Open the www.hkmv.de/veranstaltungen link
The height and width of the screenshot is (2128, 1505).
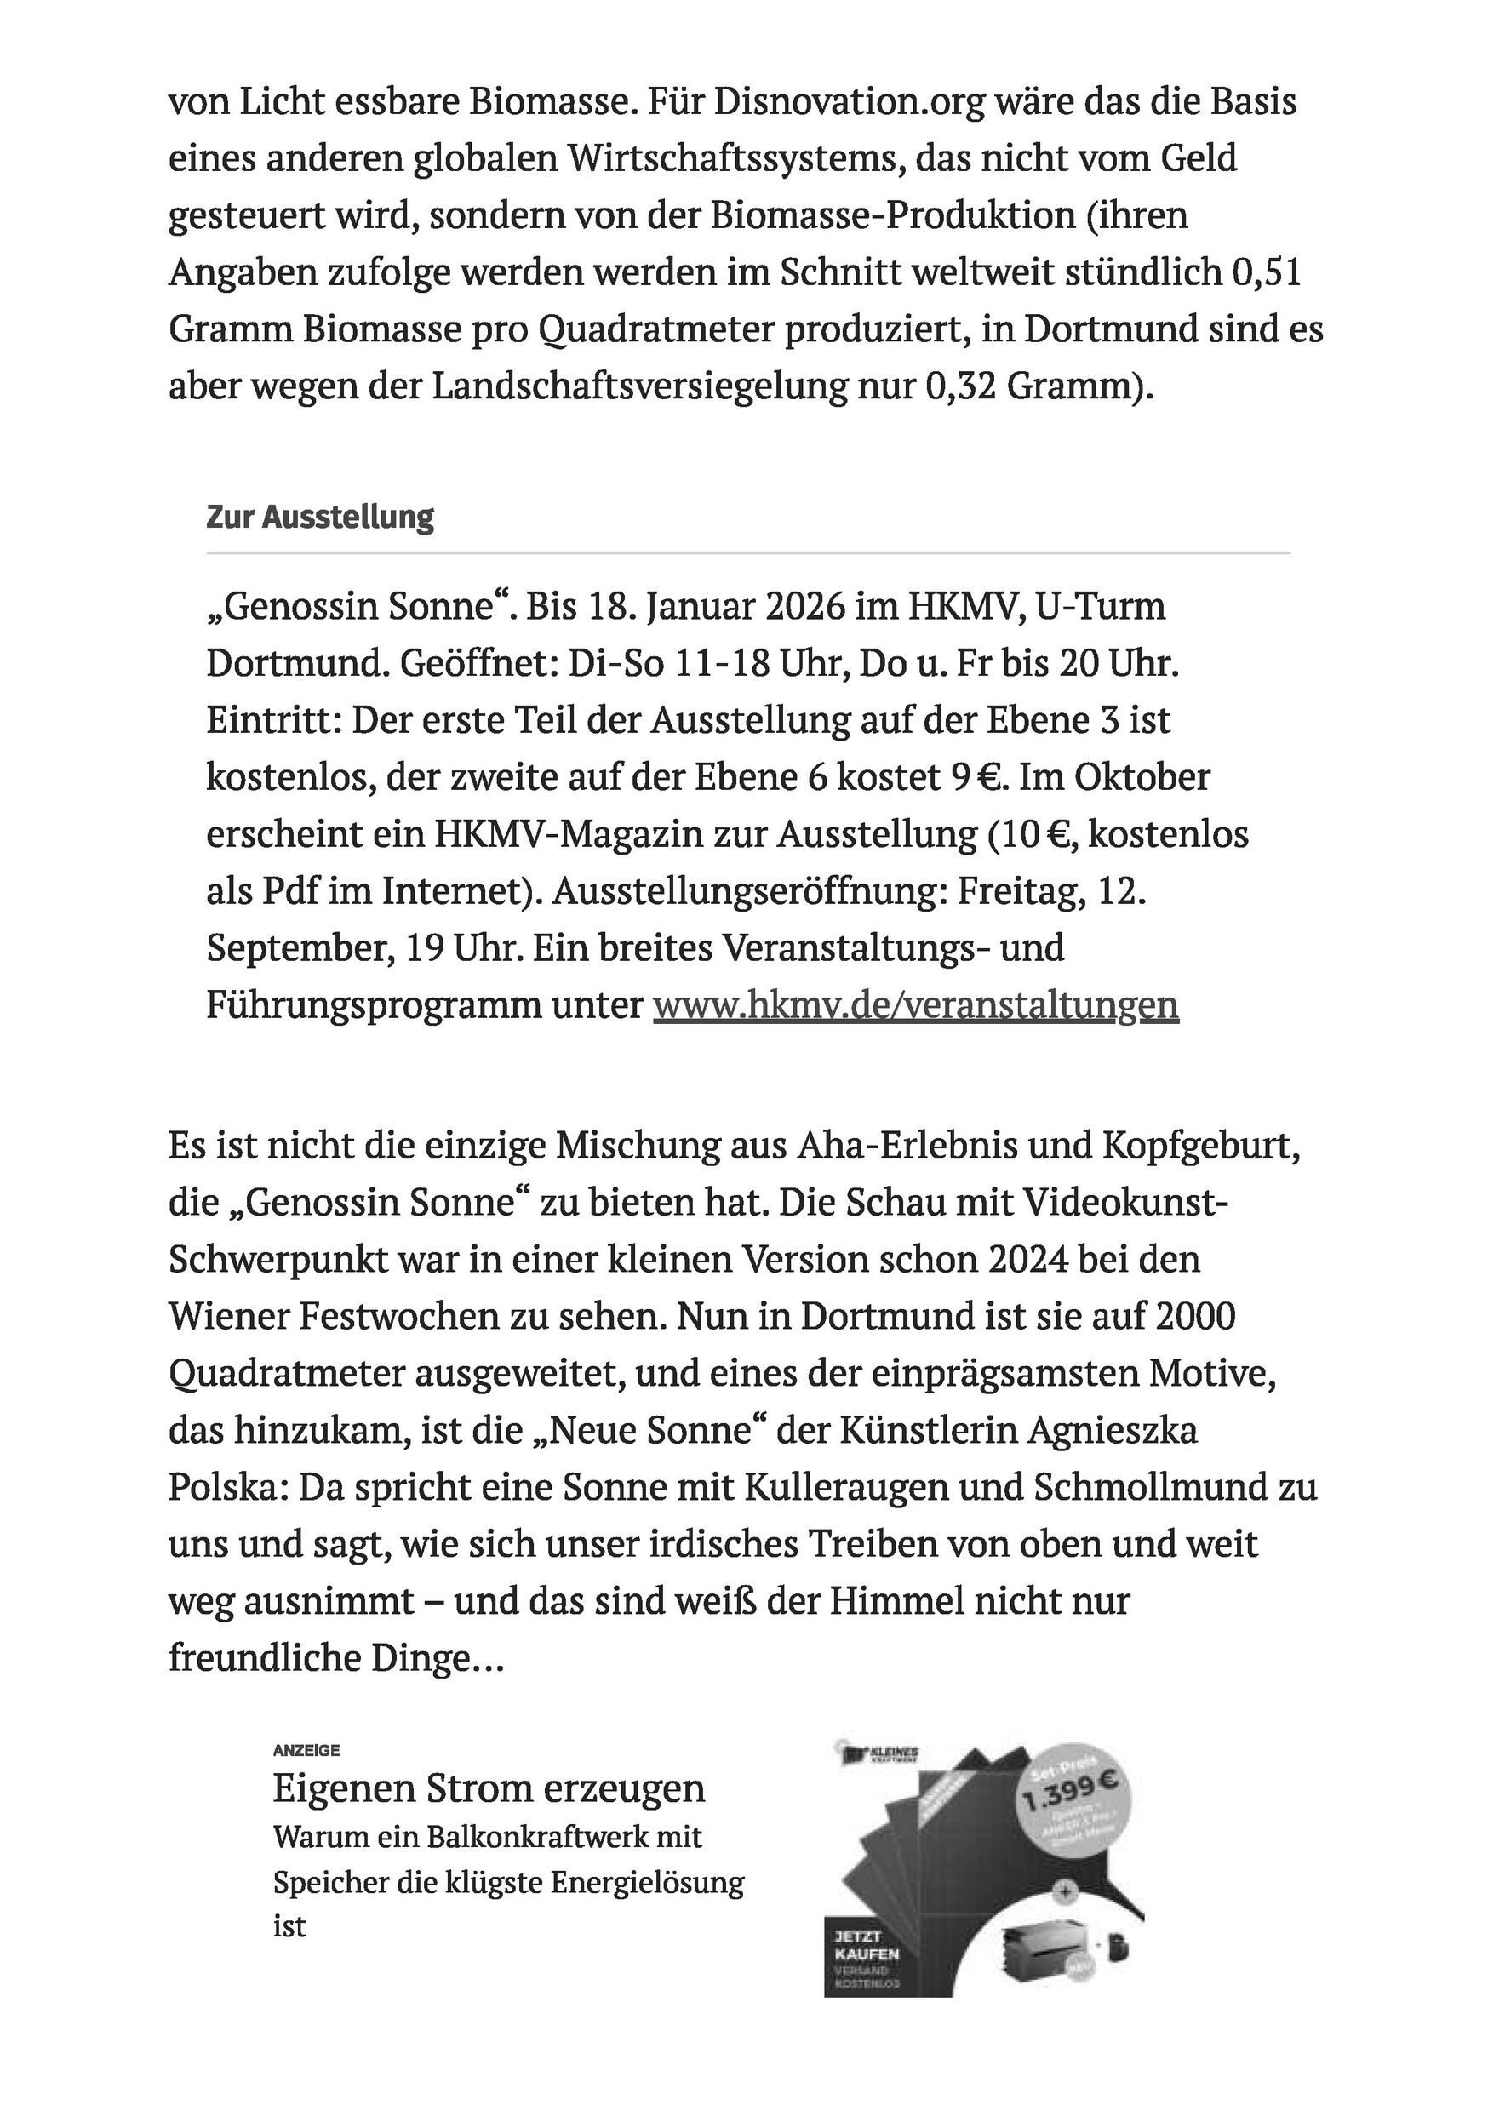tap(916, 1004)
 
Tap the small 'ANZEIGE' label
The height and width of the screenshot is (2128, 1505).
tap(306, 1751)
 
